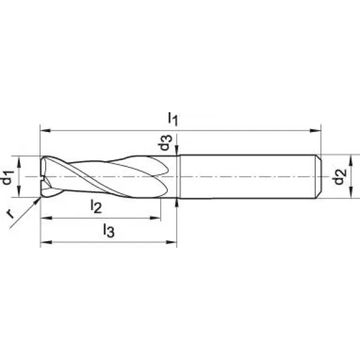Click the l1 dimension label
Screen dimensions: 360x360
click(x=173, y=119)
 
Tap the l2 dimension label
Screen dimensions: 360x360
click(x=96, y=206)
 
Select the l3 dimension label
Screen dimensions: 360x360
click(x=109, y=230)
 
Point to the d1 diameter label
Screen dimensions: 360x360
click(x=7, y=178)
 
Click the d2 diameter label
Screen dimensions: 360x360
click(x=340, y=176)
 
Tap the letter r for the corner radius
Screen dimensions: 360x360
click(x=10, y=214)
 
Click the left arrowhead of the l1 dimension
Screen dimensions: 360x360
click(x=45, y=131)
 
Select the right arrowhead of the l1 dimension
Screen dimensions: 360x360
click(x=316, y=131)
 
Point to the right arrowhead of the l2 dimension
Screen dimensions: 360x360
click(x=155, y=218)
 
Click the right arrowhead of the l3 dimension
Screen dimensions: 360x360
click(x=171, y=242)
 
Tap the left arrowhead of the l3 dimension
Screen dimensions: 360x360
click(x=46, y=242)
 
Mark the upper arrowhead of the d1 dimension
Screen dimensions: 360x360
click(x=19, y=161)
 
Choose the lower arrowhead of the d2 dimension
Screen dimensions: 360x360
click(x=350, y=193)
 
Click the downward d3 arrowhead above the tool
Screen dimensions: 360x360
click(x=176, y=151)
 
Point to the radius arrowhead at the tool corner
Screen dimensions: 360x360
click(x=37, y=201)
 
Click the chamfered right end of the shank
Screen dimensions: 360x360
click(x=318, y=176)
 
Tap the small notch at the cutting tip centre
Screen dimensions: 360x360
click(x=42, y=179)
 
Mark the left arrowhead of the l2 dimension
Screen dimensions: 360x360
click(x=46, y=218)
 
